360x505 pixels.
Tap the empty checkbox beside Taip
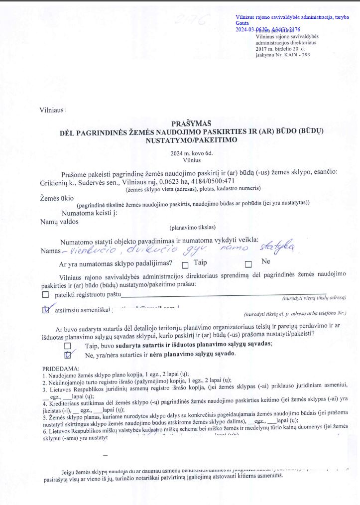186,265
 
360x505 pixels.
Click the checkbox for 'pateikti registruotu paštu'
46,295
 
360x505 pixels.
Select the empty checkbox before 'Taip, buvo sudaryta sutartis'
68,345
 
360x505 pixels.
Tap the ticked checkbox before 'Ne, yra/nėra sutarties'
68,355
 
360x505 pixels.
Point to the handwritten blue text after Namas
179,248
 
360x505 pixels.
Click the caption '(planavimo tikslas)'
192,228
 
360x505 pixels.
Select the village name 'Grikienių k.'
58,182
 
